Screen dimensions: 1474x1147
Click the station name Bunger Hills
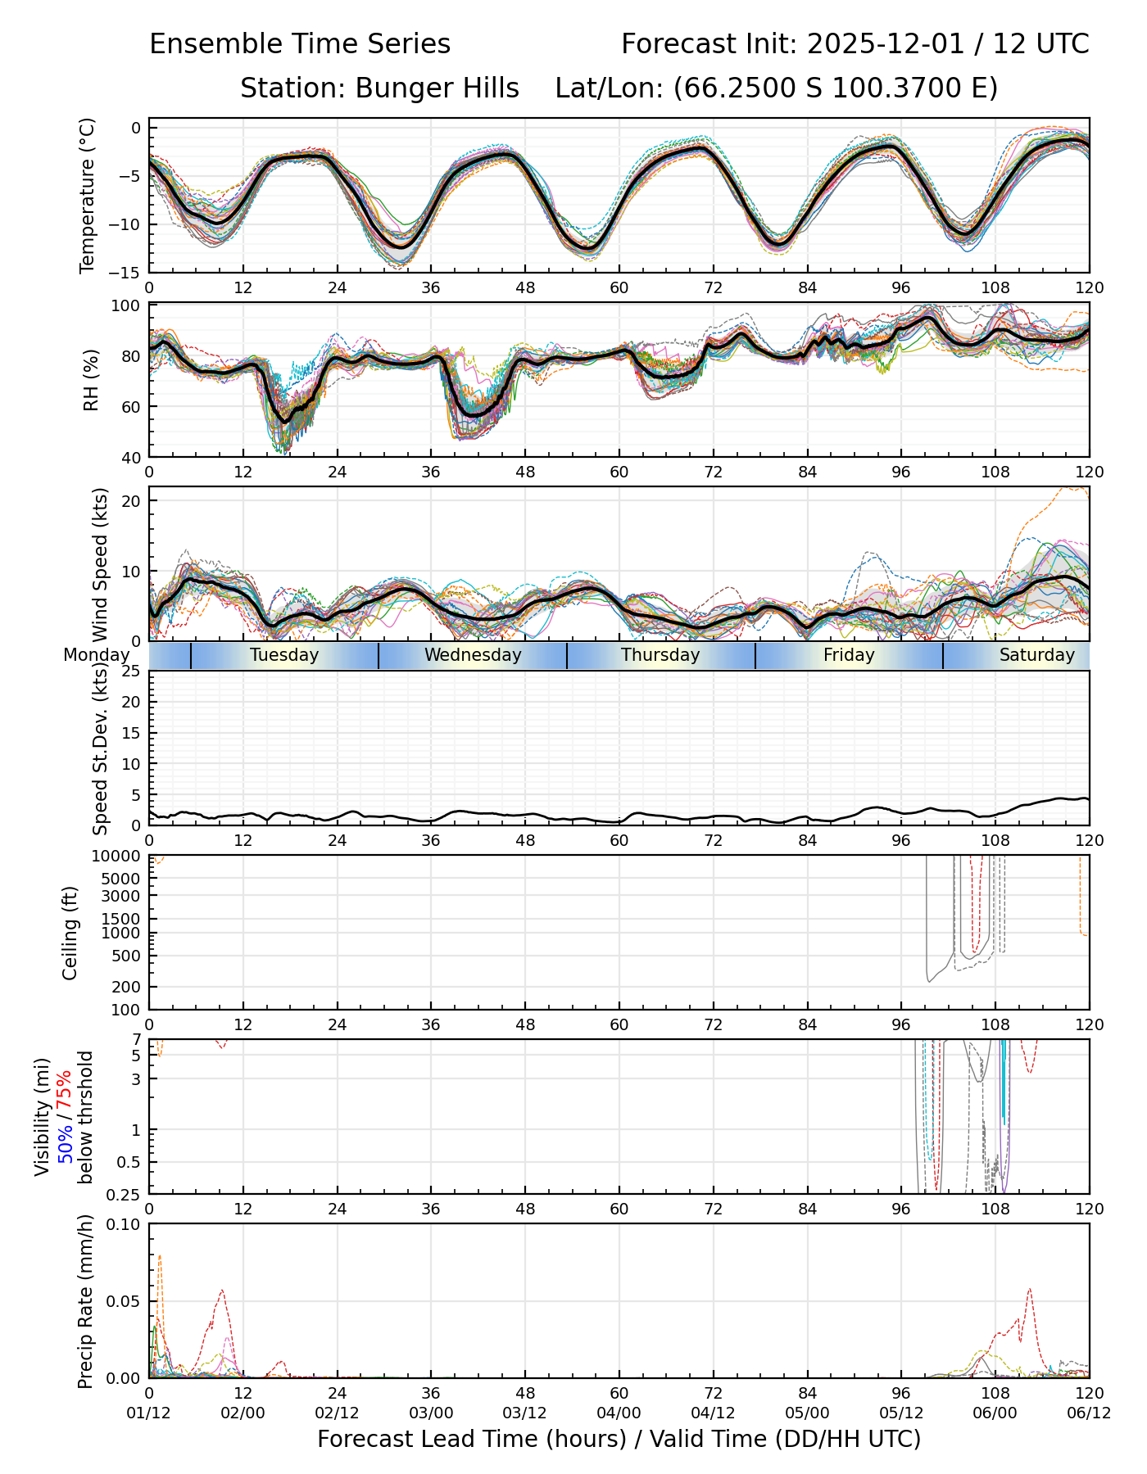pos(437,88)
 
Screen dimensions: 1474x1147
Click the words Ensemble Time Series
pos(300,44)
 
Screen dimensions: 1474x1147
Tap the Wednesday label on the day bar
pos(473,655)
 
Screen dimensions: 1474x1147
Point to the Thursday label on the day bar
pos(660,655)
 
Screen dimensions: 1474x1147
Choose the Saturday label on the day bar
pos(1036,655)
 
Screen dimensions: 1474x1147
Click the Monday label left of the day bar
pos(97,655)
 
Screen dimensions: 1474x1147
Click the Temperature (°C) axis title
pos(87,195)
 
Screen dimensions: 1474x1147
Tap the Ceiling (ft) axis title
pos(70,933)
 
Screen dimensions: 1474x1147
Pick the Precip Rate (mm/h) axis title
pos(85,1301)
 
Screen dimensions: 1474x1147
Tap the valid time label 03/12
pos(525,1413)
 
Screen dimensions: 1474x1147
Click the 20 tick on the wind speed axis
pos(131,500)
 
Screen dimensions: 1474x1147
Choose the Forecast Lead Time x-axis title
pos(619,1439)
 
